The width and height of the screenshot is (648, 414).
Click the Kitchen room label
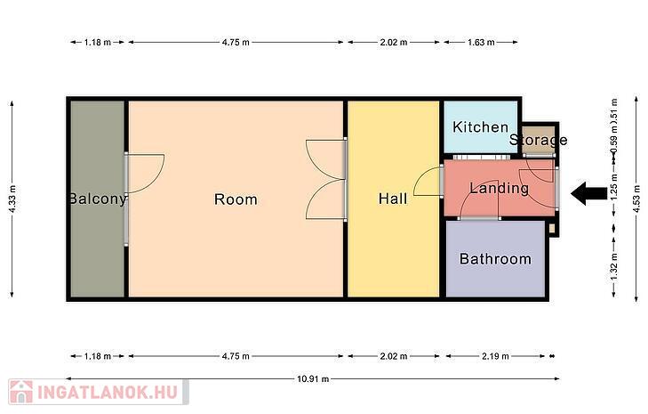click(480, 127)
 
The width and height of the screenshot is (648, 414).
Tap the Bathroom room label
click(495, 259)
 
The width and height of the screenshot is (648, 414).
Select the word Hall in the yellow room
click(393, 199)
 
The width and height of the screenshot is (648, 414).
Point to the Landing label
click(500, 189)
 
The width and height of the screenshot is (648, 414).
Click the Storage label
click(538, 140)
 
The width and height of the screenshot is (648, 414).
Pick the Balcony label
click(97, 199)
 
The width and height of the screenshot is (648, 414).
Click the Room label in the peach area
click(236, 199)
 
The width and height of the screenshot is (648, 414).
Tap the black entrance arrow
click(589, 193)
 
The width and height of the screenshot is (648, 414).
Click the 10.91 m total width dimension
click(313, 378)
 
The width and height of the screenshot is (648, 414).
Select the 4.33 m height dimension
click(12, 199)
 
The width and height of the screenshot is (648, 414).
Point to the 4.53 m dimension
click(636, 199)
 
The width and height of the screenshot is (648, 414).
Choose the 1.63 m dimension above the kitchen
click(481, 42)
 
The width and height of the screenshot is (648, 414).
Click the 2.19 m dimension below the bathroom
click(495, 356)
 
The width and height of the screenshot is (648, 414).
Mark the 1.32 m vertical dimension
click(614, 267)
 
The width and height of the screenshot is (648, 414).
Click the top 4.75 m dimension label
click(236, 42)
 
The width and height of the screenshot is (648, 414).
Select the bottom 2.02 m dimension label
click(394, 356)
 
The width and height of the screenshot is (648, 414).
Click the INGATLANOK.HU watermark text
click(108, 392)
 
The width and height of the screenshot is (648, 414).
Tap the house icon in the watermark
click(21, 392)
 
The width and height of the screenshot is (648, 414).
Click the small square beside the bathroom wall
click(552, 228)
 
